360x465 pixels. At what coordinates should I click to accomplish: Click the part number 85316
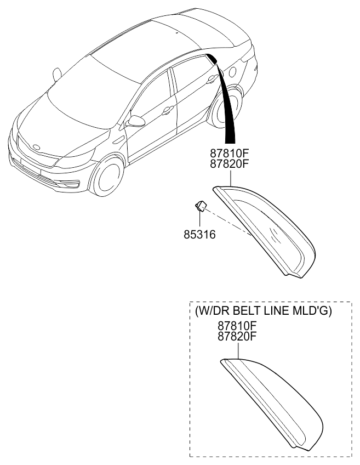199,235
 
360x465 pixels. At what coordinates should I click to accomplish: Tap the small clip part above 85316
201,206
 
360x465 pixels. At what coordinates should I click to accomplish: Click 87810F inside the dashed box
237,327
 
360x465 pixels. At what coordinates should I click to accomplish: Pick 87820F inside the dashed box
237,337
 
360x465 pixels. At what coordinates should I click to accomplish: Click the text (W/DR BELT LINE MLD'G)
263,311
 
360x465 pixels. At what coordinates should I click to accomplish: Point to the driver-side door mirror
135,121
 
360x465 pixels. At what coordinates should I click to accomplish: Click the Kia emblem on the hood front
36,147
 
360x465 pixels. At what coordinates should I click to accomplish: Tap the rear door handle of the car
211,81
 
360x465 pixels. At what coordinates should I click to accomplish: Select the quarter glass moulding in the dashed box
274,401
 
